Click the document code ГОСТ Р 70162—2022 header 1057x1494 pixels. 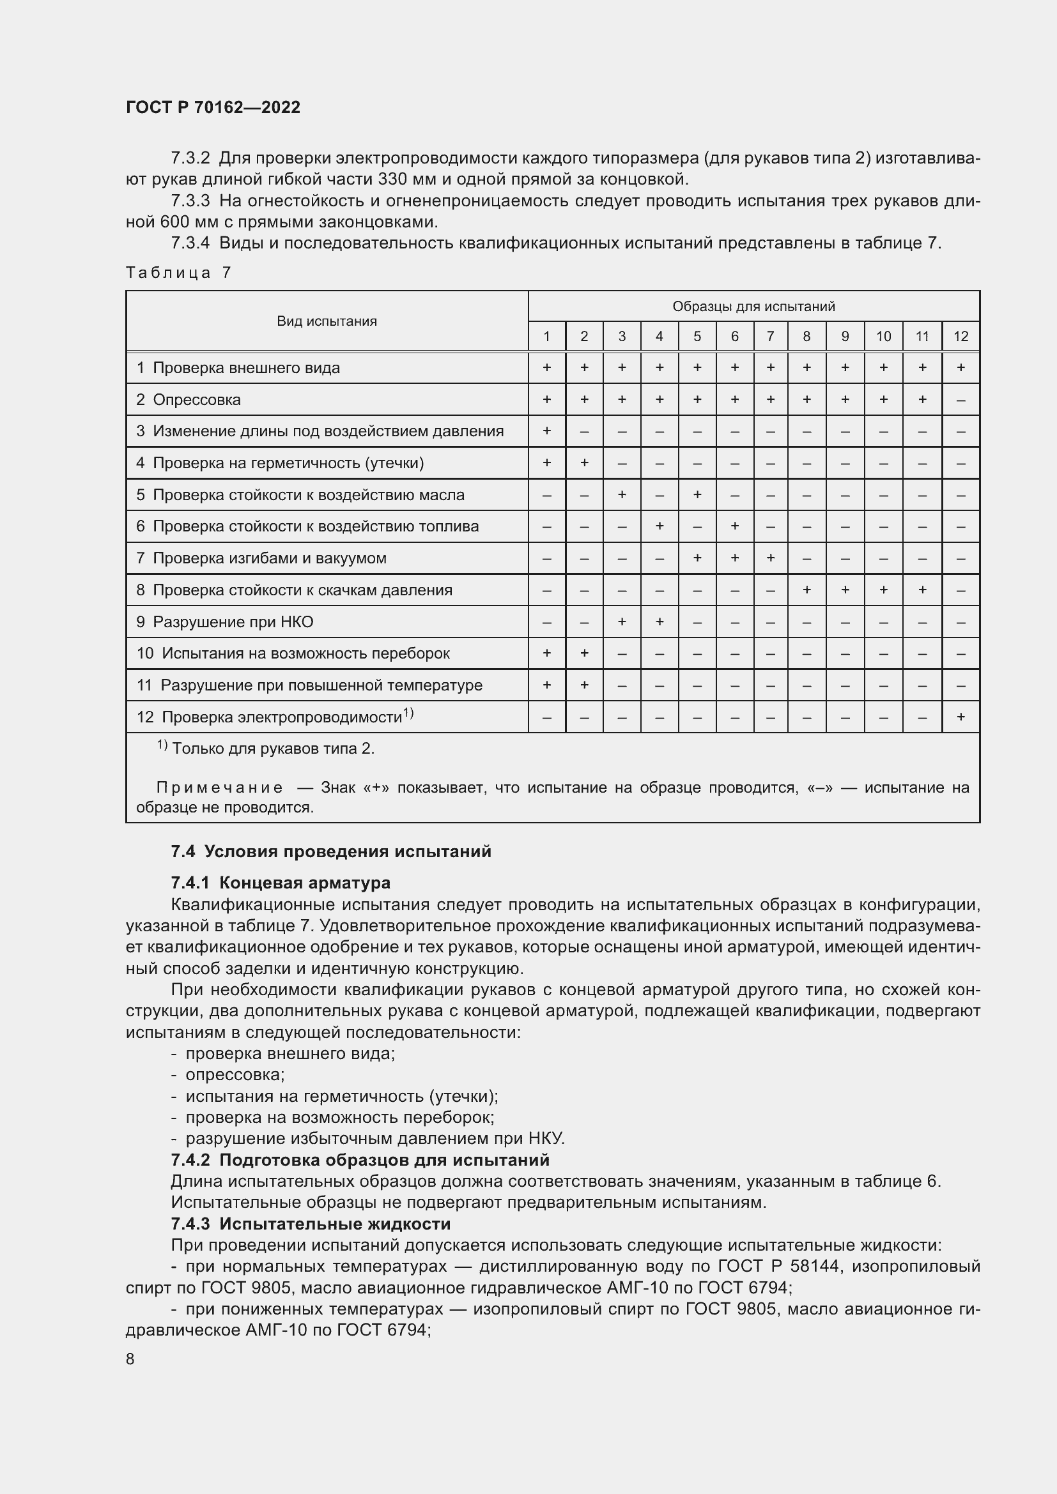click(x=213, y=107)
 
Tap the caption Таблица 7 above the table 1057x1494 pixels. click(x=178, y=272)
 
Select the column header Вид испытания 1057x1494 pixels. click(x=327, y=321)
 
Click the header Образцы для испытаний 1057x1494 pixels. click(x=753, y=306)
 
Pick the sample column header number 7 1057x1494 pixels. click(x=770, y=337)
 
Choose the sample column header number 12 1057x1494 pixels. click(x=960, y=337)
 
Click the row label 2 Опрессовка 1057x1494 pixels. click(x=189, y=399)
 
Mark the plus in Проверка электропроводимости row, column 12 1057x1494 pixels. click(x=960, y=717)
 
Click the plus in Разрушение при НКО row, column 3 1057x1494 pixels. click(x=622, y=621)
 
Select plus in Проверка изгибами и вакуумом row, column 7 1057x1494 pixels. click(x=770, y=558)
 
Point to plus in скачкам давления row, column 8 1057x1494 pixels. click(x=806, y=590)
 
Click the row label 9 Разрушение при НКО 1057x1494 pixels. click(x=224, y=622)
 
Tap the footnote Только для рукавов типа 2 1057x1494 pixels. click(x=273, y=749)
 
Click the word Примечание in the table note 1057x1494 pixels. click(x=219, y=788)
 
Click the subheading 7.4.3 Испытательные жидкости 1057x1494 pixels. click(x=311, y=1223)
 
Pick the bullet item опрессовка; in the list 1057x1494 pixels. click(x=235, y=1074)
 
